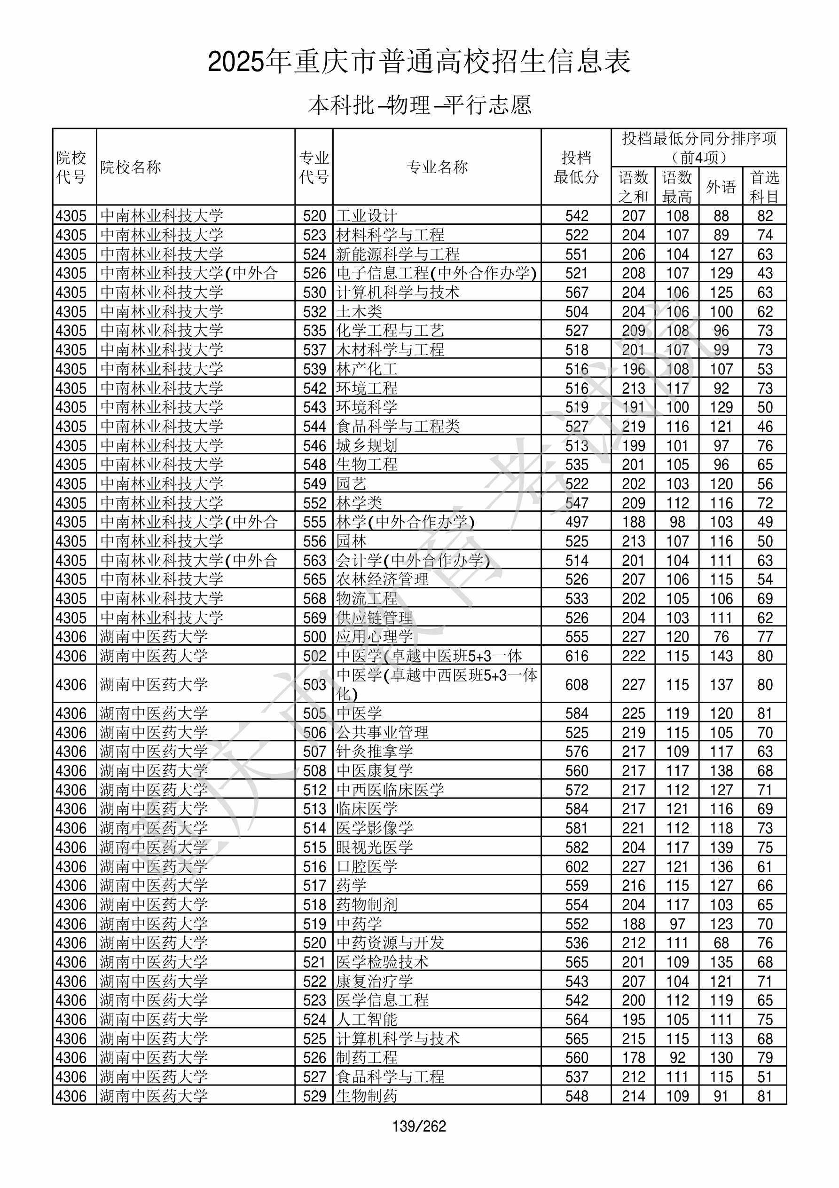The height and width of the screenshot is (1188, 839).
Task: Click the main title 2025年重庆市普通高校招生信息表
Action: click(x=419, y=62)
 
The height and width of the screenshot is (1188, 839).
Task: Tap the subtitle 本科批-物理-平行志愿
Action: click(x=419, y=105)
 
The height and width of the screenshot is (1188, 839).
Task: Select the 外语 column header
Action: click(x=721, y=187)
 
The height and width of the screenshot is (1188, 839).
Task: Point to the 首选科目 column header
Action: click(x=765, y=187)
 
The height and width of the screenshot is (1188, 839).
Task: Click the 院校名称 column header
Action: click(x=130, y=167)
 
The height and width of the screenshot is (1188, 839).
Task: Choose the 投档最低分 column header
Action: click(x=576, y=167)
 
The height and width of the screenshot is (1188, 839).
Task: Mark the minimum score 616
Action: click(x=576, y=656)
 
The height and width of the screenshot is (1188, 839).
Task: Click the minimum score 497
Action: click(x=576, y=522)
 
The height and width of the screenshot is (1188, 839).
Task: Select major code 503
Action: click(x=314, y=685)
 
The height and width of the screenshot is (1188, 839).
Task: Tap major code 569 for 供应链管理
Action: click(x=314, y=618)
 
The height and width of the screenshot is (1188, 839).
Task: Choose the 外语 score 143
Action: click(x=721, y=656)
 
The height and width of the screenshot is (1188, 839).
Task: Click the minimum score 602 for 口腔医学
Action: click(x=576, y=866)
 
